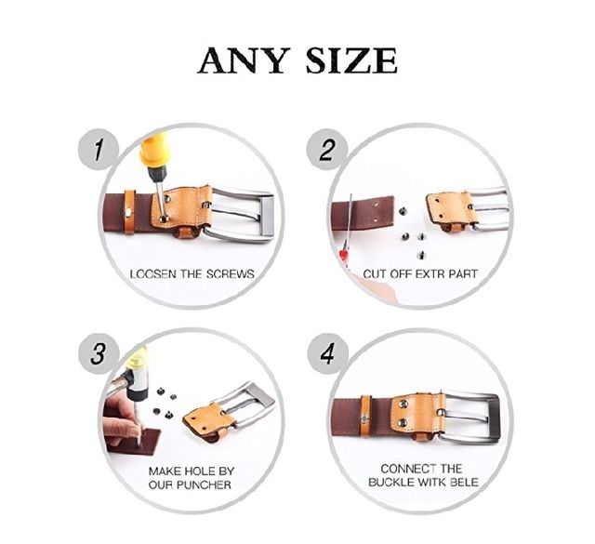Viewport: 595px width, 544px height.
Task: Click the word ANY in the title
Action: click(x=244, y=60)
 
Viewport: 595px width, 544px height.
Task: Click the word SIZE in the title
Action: click(x=351, y=60)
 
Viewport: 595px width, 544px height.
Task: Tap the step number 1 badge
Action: click(x=99, y=150)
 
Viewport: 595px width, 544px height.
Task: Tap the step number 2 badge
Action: click(x=326, y=150)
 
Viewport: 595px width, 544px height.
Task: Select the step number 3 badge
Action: click(x=99, y=353)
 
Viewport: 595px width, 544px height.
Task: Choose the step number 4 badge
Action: click(x=327, y=353)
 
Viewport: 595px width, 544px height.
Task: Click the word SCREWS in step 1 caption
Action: click(x=231, y=274)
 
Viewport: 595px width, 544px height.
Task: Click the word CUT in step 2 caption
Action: click(x=374, y=274)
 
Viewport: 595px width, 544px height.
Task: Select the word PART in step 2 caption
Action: click(x=463, y=274)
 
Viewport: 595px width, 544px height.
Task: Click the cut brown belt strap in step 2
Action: click(x=363, y=212)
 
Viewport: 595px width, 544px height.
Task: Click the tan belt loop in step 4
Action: click(x=365, y=417)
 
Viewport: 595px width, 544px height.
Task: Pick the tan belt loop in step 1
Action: click(x=130, y=211)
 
